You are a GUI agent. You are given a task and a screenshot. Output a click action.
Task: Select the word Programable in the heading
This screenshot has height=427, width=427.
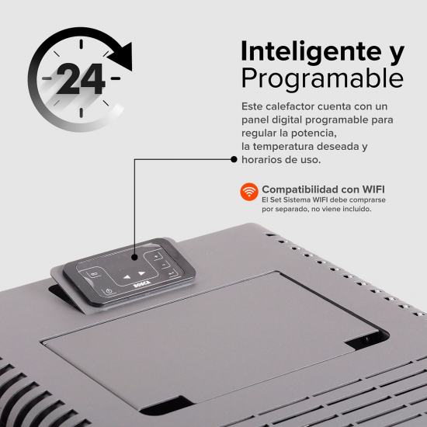pyautogui.click(x=321, y=78)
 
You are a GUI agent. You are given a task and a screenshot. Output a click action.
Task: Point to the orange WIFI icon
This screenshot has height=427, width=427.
pyautogui.click(x=249, y=191)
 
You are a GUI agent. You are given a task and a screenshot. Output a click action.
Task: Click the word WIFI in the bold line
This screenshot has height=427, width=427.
pyautogui.click(x=370, y=189)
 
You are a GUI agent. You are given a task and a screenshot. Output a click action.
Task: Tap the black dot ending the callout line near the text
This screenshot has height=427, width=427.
pyautogui.click(x=233, y=159)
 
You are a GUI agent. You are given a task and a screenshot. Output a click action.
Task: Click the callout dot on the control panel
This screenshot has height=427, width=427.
pyautogui.click(x=135, y=257)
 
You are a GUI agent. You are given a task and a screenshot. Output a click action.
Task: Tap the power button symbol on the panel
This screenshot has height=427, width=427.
pyautogui.click(x=108, y=290)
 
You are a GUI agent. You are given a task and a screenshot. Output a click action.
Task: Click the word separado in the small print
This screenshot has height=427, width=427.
pyautogui.click(x=300, y=209)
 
